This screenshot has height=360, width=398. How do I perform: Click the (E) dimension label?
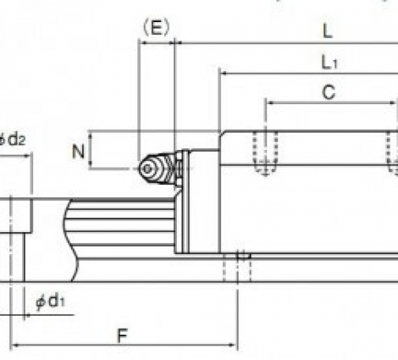tap(156, 28)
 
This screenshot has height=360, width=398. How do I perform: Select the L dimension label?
tap(328, 30)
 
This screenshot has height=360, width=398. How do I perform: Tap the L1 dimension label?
tap(329, 63)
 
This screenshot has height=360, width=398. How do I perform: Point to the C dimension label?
tap(329, 92)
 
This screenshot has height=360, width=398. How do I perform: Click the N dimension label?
tap(78, 152)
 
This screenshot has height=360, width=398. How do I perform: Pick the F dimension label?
tap(123, 335)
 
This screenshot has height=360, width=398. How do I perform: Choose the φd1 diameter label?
tap(50, 302)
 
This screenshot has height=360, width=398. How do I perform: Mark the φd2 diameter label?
tap(13, 139)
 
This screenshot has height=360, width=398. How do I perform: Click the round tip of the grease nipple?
tap(146, 169)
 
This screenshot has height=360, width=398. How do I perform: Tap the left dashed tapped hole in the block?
tap(265, 152)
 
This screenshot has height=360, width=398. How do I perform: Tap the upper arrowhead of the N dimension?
tap(91, 136)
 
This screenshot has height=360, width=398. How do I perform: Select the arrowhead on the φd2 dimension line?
tap(28, 155)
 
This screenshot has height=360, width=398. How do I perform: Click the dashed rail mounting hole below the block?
tap(237, 267)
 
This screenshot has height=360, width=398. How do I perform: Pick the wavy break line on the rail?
tap(70, 240)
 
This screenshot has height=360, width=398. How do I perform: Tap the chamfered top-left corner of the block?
tap(222, 133)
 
